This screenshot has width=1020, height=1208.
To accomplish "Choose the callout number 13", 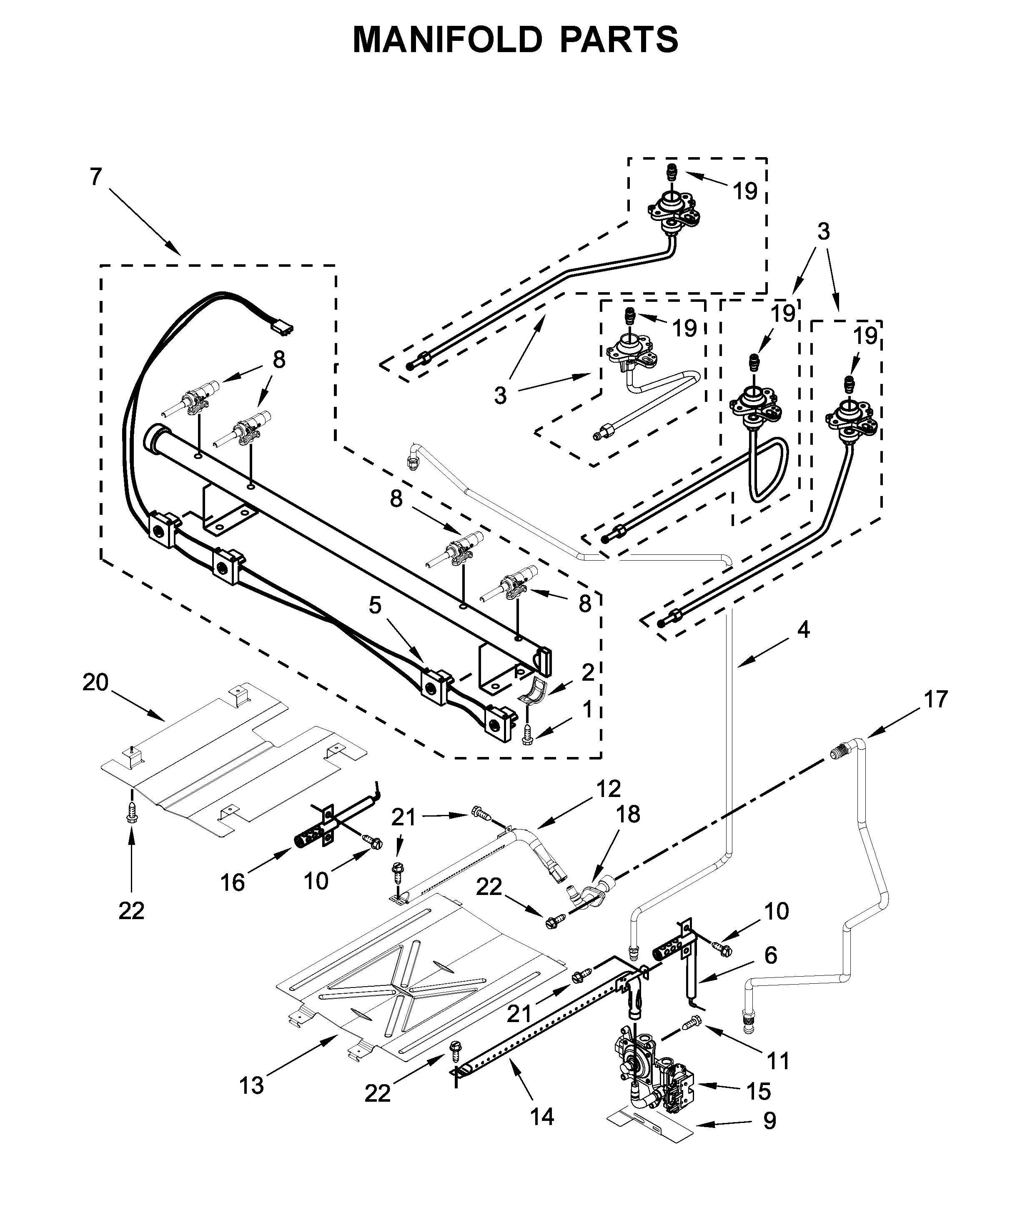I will [252, 1086].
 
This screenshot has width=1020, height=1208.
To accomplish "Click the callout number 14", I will [542, 1117].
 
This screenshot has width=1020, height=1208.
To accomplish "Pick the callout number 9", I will [769, 1121].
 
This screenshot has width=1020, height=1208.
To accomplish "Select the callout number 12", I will [608, 788].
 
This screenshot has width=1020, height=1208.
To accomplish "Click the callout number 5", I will [375, 605].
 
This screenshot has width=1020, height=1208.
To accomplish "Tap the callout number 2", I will [588, 672].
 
